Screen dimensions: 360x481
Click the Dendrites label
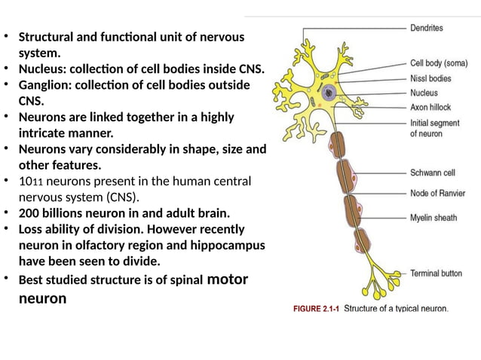click(x=426, y=28)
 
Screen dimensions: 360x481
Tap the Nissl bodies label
click(x=431, y=78)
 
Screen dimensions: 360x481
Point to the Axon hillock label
click(x=430, y=107)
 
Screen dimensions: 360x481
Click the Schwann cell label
click(x=431, y=172)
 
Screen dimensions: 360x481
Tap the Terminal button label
click(x=436, y=273)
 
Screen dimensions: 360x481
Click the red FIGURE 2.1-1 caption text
click(x=316, y=307)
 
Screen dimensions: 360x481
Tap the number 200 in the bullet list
click(x=29, y=213)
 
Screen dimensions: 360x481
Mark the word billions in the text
click(x=65, y=213)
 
